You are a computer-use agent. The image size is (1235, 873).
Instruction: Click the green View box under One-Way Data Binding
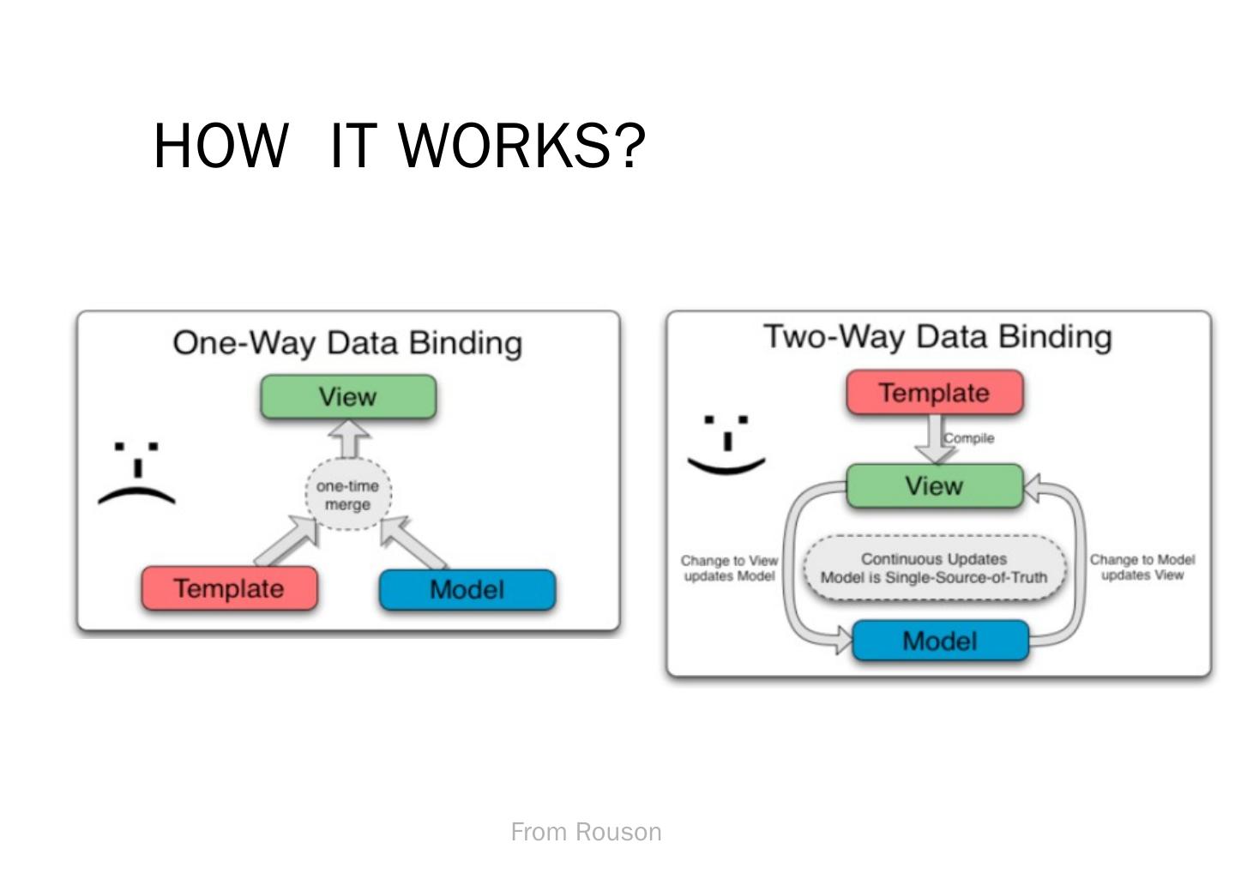348,397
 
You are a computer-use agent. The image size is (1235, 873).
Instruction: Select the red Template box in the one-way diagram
229,588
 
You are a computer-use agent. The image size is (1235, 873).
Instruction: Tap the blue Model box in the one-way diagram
467,590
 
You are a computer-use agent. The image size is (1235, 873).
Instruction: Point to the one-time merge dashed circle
348,494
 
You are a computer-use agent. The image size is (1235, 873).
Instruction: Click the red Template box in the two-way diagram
935,393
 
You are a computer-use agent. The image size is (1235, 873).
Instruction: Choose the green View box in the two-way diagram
935,485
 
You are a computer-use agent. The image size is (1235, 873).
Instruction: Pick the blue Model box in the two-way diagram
941,641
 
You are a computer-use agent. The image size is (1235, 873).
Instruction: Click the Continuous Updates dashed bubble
935,568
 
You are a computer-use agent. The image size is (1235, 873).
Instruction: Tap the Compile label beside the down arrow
969,438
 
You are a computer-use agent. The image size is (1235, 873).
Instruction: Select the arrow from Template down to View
935,439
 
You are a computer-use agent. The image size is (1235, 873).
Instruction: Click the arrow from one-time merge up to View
348,439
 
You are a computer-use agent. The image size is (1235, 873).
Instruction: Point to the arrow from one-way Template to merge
286,541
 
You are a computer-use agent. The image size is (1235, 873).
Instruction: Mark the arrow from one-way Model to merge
413,542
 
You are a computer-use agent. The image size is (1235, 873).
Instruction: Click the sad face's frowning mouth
136,496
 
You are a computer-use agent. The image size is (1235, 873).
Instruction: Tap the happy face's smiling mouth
726,466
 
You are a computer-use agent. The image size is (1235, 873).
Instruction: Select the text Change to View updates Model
729,569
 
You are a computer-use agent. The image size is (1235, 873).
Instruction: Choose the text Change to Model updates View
1142,567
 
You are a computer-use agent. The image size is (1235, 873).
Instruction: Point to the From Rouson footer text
586,832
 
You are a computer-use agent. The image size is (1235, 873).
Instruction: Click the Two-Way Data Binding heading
937,337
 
